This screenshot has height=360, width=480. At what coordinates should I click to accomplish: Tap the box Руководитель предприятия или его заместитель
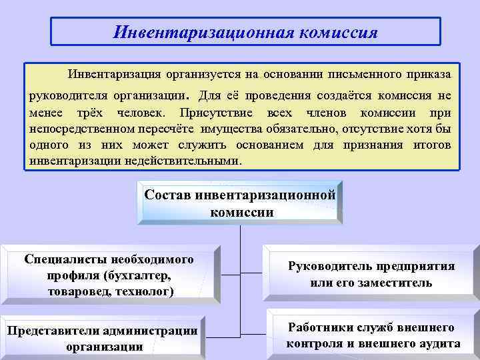(371, 274)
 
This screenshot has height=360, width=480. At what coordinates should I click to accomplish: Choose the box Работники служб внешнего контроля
(372, 335)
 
